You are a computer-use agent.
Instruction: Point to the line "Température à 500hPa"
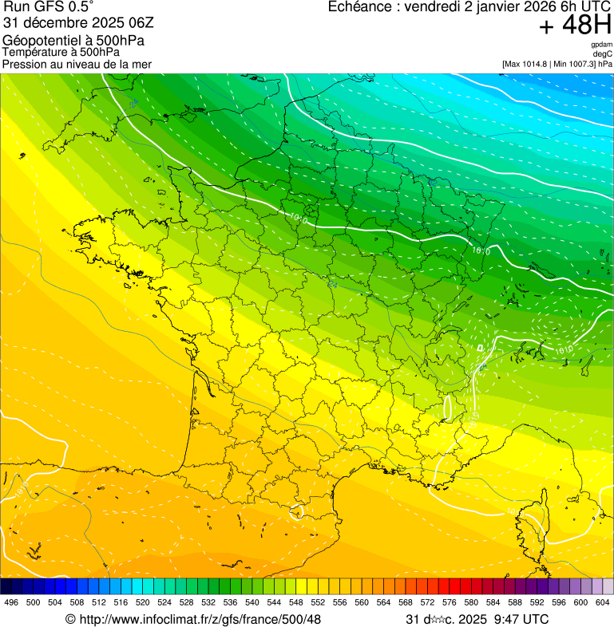(61, 52)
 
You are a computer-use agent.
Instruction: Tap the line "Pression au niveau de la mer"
(77, 64)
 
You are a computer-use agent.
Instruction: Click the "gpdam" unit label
(602, 45)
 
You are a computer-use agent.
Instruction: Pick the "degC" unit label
(604, 53)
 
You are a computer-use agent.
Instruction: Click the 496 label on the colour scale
(11, 602)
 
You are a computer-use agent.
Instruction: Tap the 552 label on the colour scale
(317, 602)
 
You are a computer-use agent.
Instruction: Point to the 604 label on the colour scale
(602, 602)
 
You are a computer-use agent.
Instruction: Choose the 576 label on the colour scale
(449, 602)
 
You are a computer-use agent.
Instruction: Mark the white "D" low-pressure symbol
(480, 349)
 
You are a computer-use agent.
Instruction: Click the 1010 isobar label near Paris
(299, 217)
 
